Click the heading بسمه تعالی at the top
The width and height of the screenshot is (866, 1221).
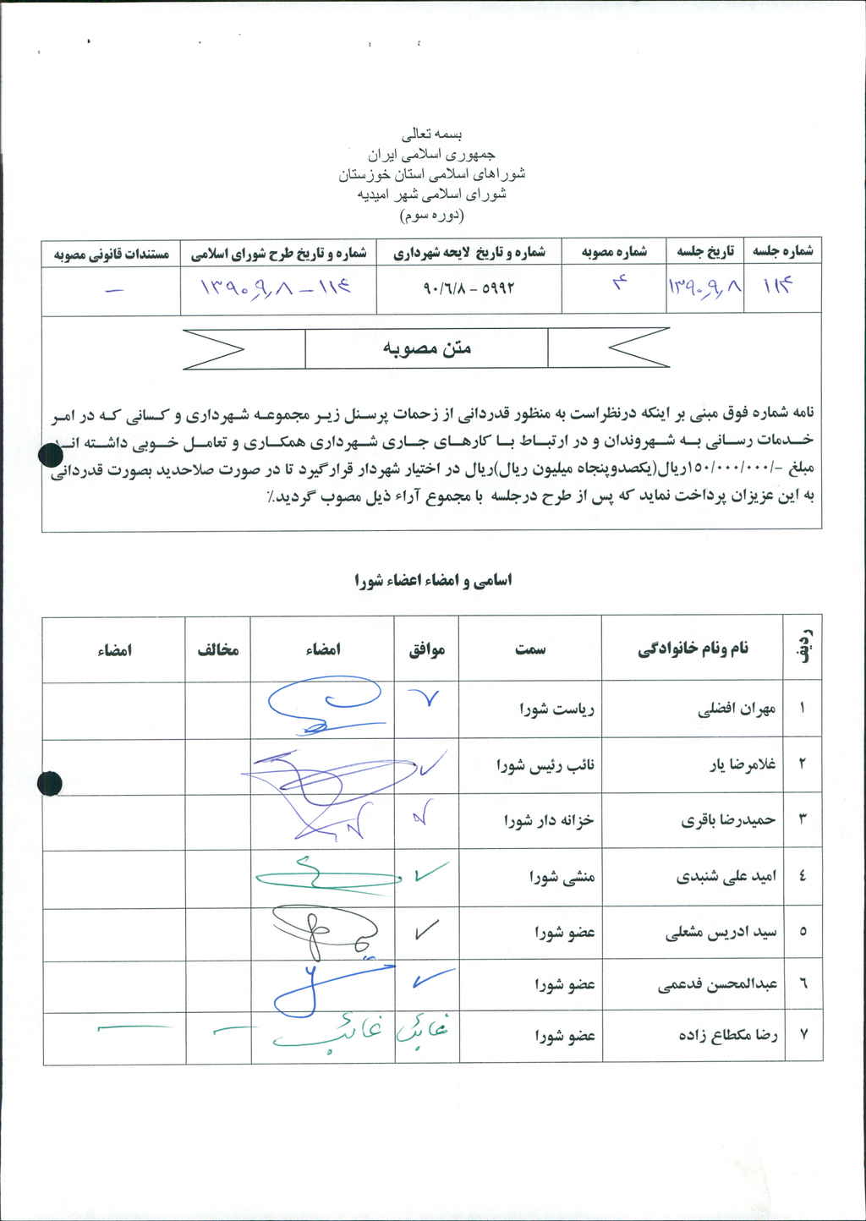click(432, 134)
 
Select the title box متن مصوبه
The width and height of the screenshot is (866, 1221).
click(426, 348)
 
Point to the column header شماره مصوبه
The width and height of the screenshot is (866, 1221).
click(615, 252)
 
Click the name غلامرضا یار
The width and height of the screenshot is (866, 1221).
click(742, 765)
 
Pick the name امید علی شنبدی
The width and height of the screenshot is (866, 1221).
click(723, 877)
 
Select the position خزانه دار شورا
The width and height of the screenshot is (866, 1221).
click(549, 820)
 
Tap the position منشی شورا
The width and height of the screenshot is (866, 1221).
click(563, 877)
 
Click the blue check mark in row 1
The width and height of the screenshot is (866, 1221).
click(425, 698)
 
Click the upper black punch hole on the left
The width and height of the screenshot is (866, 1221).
click(51, 457)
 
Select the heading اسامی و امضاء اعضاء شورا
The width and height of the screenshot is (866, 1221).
click(433, 581)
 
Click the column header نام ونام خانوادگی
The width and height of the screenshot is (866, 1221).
click(693, 649)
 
